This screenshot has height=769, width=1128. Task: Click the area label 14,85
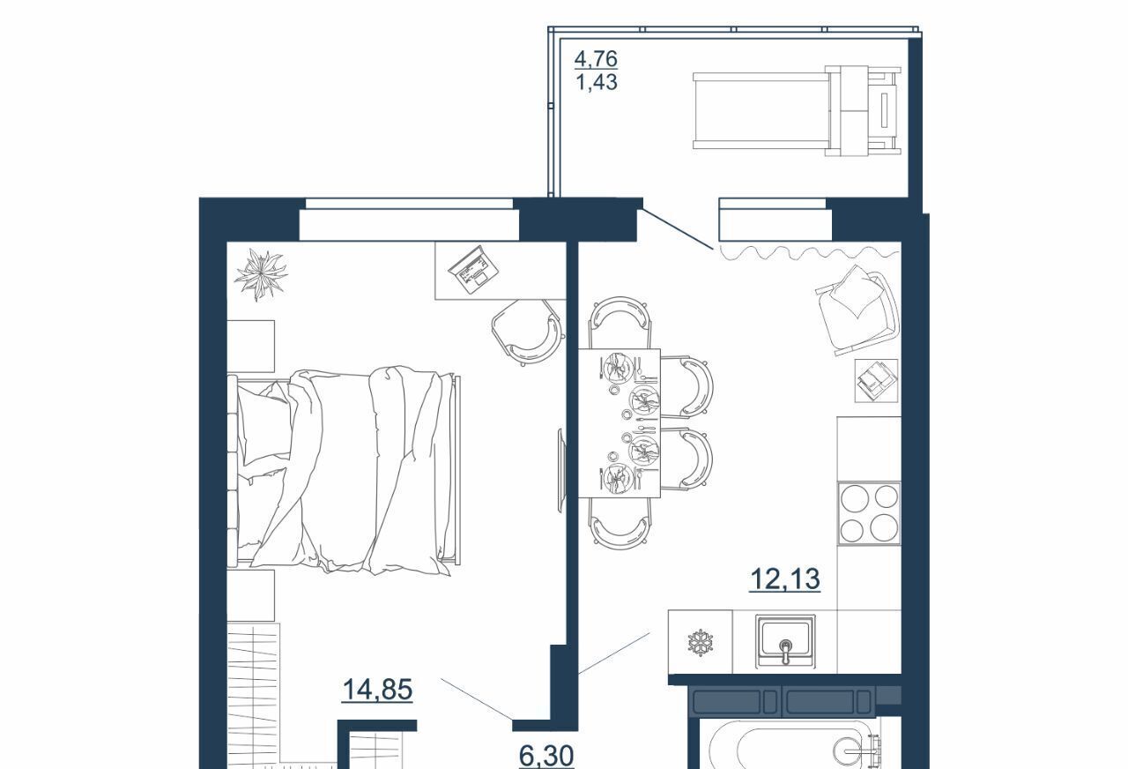coord(377,690)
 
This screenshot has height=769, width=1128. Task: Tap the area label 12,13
coord(784,579)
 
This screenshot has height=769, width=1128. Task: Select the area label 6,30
coord(546,756)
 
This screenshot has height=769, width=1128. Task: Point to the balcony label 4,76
coord(596,59)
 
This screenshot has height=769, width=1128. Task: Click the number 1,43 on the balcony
coord(597,82)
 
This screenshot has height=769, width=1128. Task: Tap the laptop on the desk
coord(473,269)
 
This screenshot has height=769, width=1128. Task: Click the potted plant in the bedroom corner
coord(261,275)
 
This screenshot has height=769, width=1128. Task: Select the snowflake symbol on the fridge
coord(700,643)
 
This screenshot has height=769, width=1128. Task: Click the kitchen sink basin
coord(785,641)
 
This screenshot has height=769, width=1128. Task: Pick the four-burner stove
coord(869,513)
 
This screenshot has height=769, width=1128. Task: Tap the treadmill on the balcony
coord(797,110)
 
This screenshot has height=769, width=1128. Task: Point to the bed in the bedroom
coord(344,470)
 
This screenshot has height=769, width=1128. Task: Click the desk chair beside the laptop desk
coord(527,332)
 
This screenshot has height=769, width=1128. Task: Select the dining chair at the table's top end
coord(620,322)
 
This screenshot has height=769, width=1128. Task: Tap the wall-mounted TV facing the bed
coord(561,470)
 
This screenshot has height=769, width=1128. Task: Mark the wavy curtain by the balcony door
coord(810,252)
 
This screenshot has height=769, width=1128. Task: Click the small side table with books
coord(876,380)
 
